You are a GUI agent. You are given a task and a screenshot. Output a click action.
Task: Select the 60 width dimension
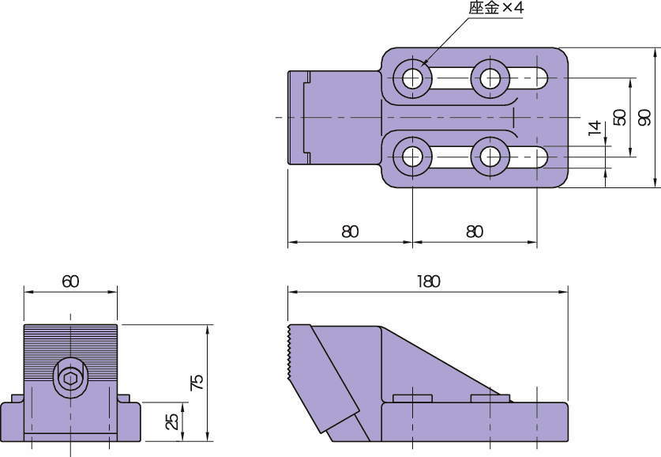[x=70, y=281]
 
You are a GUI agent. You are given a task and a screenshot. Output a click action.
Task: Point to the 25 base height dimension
[x=171, y=421]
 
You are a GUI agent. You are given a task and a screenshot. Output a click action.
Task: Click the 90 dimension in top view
[x=644, y=117]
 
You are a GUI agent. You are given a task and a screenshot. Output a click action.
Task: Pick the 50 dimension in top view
[x=620, y=117]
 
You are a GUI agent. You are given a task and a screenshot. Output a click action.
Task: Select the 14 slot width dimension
[x=595, y=129]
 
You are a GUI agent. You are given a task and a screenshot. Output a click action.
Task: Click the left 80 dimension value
[x=350, y=232]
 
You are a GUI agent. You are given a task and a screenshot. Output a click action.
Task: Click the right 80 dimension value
[x=474, y=232]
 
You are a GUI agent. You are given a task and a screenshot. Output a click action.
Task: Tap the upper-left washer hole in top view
[x=412, y=78]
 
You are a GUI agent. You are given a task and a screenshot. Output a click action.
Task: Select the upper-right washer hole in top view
[x=490, y=78]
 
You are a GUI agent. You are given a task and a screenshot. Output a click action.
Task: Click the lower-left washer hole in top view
[x=412, y=157]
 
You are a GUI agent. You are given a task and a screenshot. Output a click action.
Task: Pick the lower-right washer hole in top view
[x=490, y=157]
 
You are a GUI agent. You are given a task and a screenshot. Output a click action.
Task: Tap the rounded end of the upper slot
[x=542, y=78]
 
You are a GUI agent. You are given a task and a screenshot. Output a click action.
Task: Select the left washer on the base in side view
[x=412, y=398]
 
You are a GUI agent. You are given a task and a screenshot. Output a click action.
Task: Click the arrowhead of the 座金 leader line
[x=423, y=65]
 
